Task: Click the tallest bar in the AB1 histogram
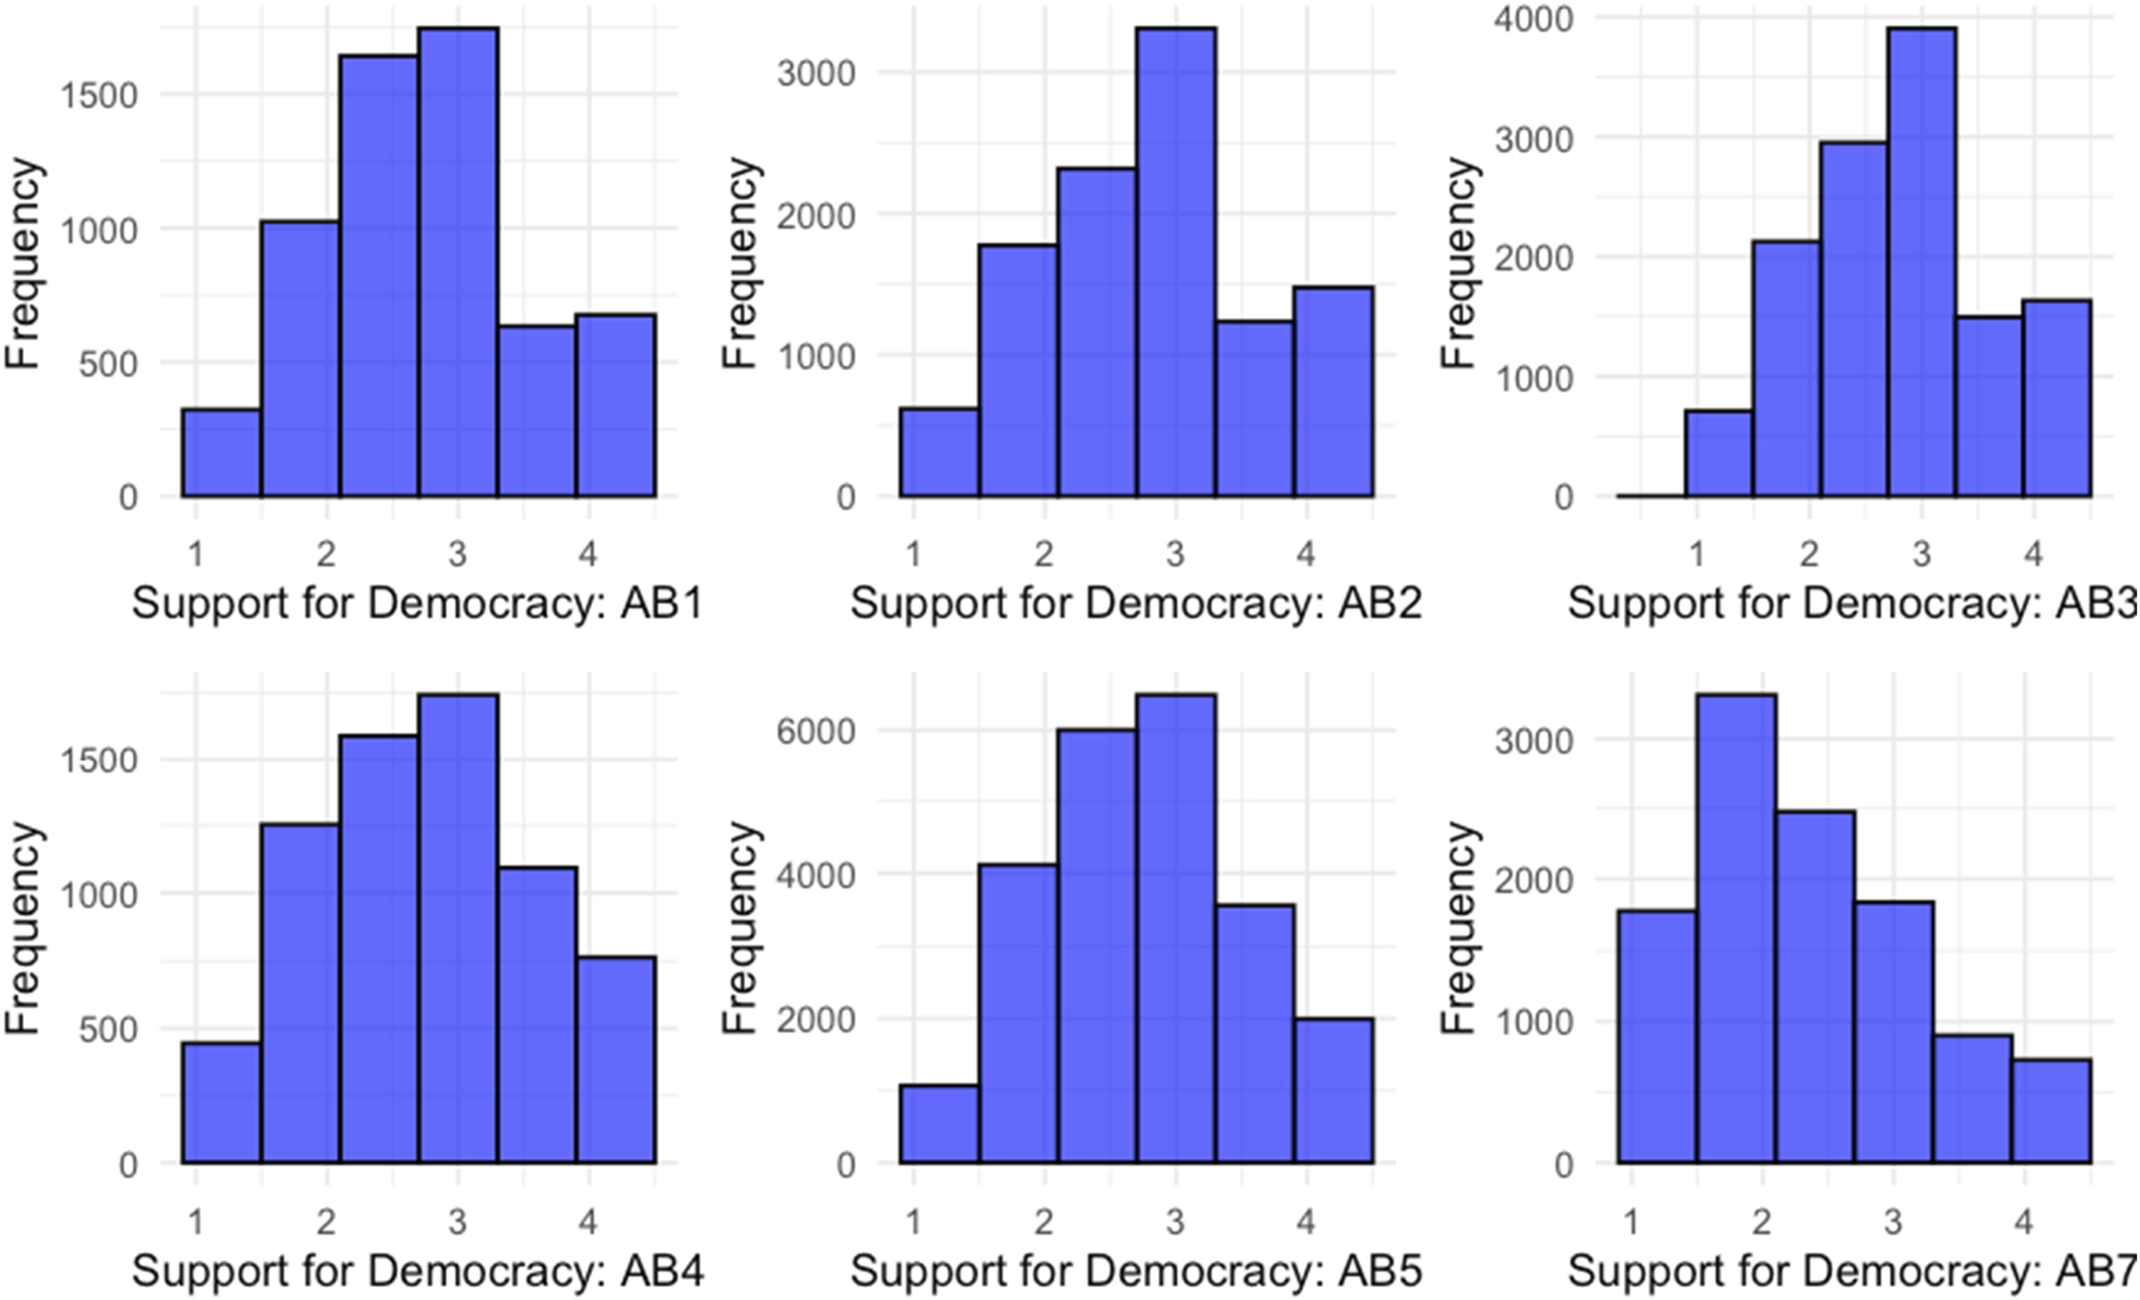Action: point(458,261)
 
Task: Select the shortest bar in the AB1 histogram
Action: point(221,452)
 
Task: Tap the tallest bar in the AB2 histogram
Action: point(1176,261)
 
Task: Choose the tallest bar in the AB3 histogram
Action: point(1922,261)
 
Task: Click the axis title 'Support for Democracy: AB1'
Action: point(417,604)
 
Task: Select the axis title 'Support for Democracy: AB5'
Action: point(1136,1271)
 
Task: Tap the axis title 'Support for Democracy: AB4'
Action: point(417,1271)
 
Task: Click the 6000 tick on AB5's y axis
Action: point(816,731)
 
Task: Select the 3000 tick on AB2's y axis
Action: point(816,73)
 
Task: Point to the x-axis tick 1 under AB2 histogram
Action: point(913,554)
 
